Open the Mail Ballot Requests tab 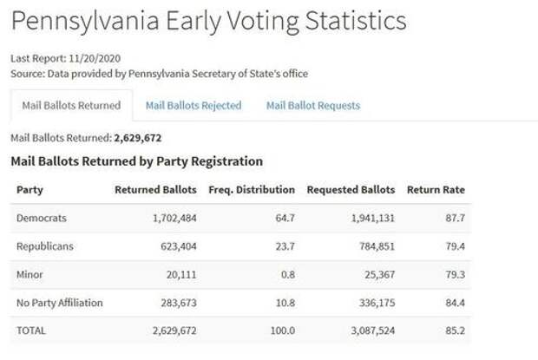tap(312, 106)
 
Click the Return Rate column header tap(436, 190)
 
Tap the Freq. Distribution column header tap(252, 190)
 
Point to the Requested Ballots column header tap(351, 190)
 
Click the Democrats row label tap(42, 219)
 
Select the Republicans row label tap(45, 246)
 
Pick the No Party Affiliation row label tap(60, 303)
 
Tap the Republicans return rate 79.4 tap(454, 246)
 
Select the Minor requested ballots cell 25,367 tap(374, 275)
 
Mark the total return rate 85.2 tap(454, 331)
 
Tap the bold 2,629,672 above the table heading tap(138, 138)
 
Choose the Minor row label tap(30, 275)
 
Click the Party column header tap(30, 190)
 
